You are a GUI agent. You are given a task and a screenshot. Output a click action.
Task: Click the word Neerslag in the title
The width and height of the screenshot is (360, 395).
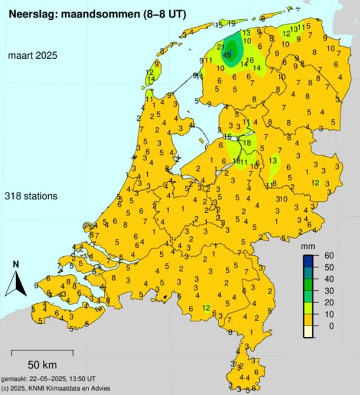tap(28, 10)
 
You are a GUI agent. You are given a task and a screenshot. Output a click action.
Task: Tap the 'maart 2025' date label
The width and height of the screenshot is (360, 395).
tap(32, 56)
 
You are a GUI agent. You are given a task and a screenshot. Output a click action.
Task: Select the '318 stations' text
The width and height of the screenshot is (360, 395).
tap(31, 196)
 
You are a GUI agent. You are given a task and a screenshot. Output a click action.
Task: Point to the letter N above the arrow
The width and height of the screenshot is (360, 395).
tap(16, 264)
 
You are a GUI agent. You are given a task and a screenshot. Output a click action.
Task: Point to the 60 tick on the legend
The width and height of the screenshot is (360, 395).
tap(330, 255)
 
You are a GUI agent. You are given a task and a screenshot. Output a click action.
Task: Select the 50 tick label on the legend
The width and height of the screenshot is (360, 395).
tap(330, 267)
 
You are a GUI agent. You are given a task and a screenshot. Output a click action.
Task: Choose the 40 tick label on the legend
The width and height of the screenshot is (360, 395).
tap(330, 279)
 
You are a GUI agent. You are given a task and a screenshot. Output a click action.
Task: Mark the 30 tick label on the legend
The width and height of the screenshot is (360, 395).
tap(330, 290)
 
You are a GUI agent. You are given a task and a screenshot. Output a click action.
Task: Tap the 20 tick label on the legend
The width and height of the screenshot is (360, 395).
tap(330, 302)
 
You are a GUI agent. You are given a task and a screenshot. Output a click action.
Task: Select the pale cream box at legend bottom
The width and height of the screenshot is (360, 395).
tap(308, 331)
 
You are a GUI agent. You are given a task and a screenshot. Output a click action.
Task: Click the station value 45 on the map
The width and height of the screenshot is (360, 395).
tap(227, 55)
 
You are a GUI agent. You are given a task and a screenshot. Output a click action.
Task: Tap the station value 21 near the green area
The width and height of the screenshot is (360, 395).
tap(221, 47)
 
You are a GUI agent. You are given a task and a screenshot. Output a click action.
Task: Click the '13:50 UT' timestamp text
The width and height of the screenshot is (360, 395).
tap(79, 378)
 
